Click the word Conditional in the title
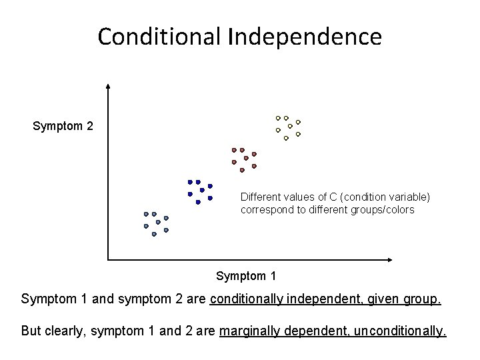[159, 37]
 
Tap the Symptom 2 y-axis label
[63, 125]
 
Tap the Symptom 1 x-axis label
[246, 275]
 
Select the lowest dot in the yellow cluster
[286, 139]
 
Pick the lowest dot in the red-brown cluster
[242, 170]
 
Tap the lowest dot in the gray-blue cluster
[154, 235]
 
